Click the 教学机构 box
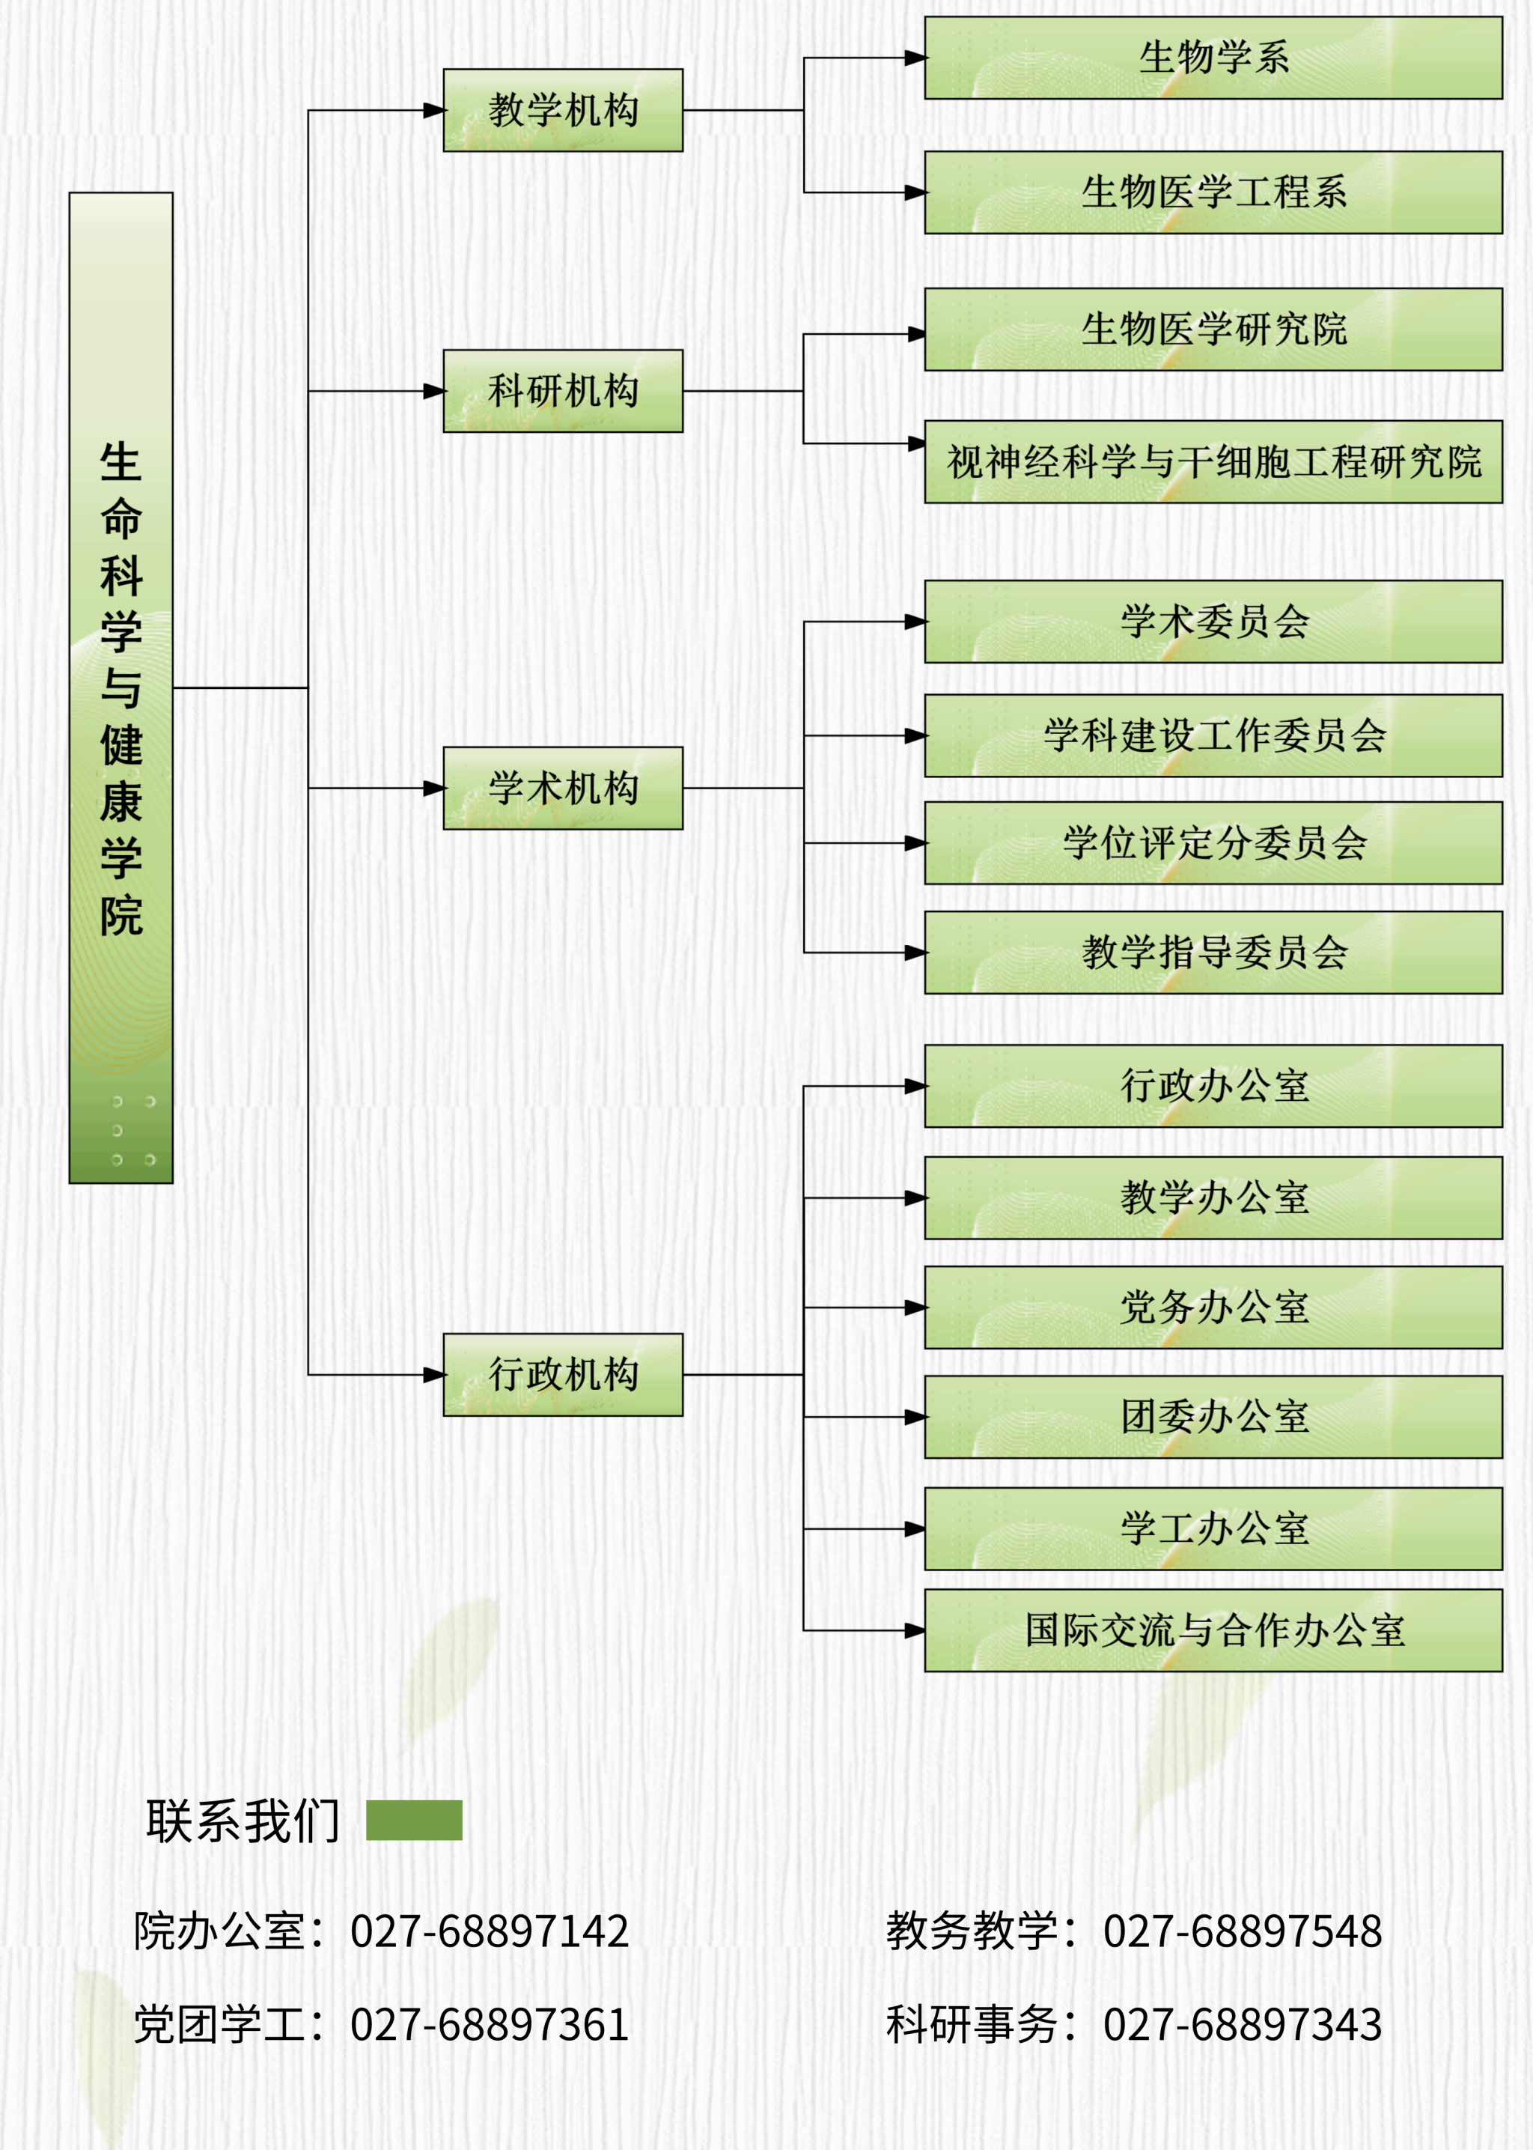[x=563, y=111]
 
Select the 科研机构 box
[x=563, y=391]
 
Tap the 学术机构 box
[x=563, y=789]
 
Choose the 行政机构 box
[x=563, y=1375]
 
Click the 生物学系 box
[x=1213, y=58]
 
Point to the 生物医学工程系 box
[x=1213, y=192]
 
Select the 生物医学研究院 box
[x=1213, y=330]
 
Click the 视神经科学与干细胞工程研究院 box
[x=1213, y=462]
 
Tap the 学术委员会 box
[x=1213, y=622]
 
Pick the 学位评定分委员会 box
[x=1213, y=843]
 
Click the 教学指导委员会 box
[x=1213, y=953]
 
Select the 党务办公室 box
[x=1213, y=1308]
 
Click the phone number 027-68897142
[x=489, y=1931]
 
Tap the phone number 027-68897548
[x=1243, y=1931]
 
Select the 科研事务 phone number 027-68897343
[x=1243, y=2024]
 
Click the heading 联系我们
[x=243, y=1820]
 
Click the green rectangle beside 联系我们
[x=415, y=1820]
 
